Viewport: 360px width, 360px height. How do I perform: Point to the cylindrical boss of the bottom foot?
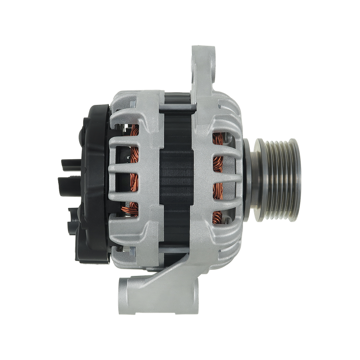coord(128,292)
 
